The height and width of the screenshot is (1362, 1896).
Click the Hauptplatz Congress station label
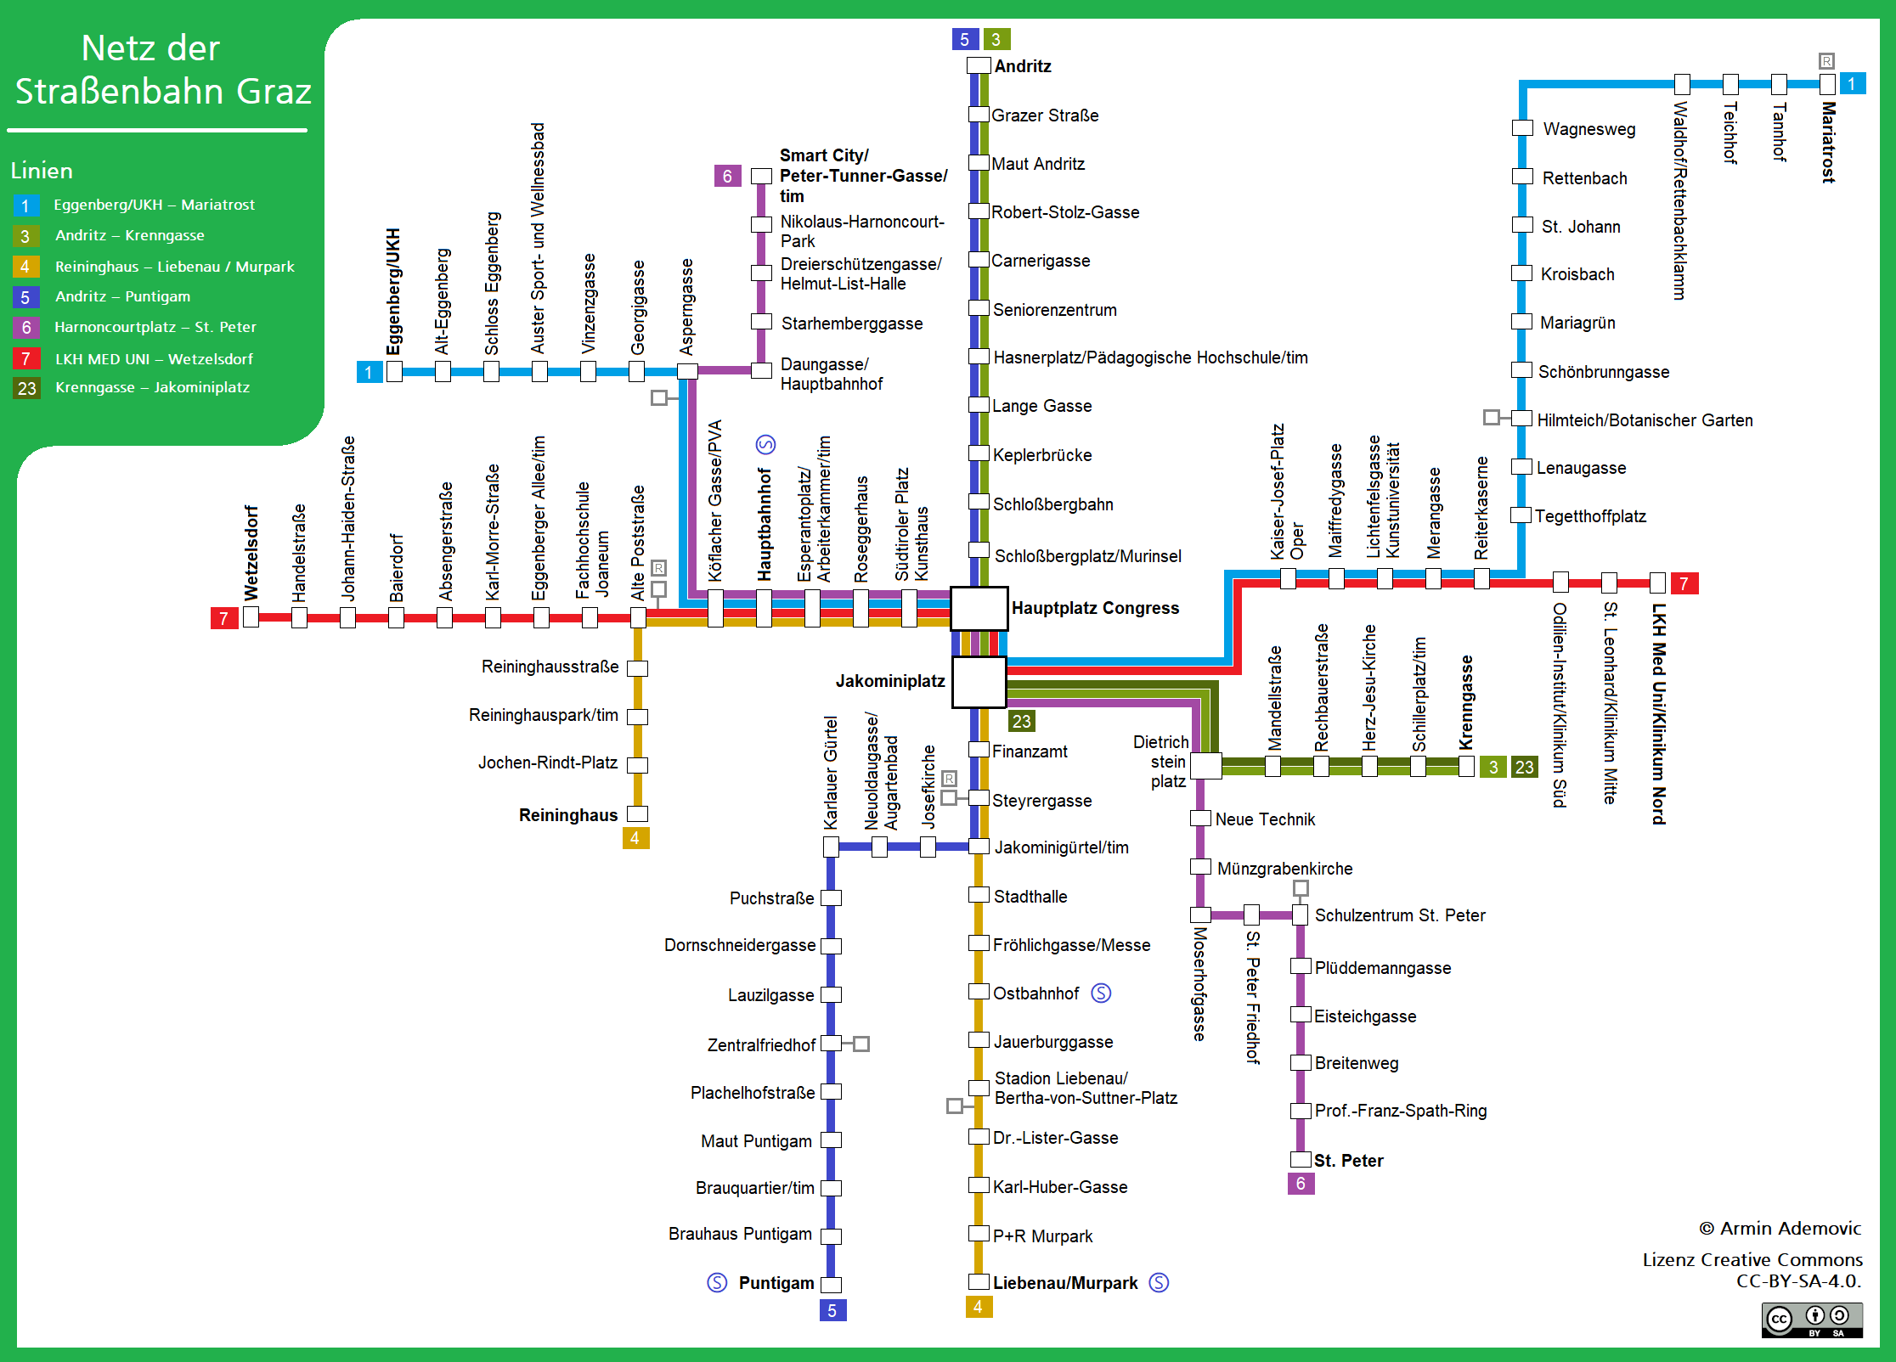[1095, 608]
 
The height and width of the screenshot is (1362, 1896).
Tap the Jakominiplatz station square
[979, 681]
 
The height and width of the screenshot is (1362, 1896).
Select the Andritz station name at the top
[1023, 66]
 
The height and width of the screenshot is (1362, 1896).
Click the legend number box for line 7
[25, 358]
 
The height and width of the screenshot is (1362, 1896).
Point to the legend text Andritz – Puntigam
[122, 296]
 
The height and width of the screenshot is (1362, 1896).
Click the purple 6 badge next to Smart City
[727, 176]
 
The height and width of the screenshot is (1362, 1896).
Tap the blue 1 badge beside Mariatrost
[1852, 83]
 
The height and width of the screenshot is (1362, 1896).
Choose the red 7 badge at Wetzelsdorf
[223, 618]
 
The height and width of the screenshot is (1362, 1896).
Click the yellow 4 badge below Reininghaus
[635, 838]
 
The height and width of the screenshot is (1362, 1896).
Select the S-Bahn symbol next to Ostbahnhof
[1101, 993]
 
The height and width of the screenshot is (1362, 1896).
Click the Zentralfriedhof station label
[761, 1045]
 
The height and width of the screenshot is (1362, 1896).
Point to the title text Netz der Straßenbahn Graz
[162, 70]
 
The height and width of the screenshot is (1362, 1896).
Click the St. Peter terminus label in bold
[1348, 1161]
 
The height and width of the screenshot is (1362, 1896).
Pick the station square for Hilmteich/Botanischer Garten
[1522, 419]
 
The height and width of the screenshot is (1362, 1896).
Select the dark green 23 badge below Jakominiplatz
[1021, 721]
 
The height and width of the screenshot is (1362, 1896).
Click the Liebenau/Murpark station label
[1065, 1283]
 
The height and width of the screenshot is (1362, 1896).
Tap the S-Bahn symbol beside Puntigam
[717, 1282]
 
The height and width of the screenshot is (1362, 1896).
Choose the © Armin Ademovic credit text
[1780, 1229]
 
